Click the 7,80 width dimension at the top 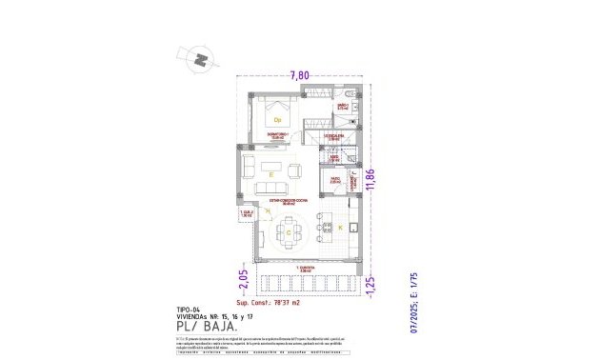(300, 74)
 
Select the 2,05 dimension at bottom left (243, 279)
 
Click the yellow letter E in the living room (271, 175)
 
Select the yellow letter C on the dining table (289, 230)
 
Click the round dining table (289, 231)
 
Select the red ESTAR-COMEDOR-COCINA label (287, 201)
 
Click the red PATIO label (335, 178)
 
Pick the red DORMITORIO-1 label (278, 136)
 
